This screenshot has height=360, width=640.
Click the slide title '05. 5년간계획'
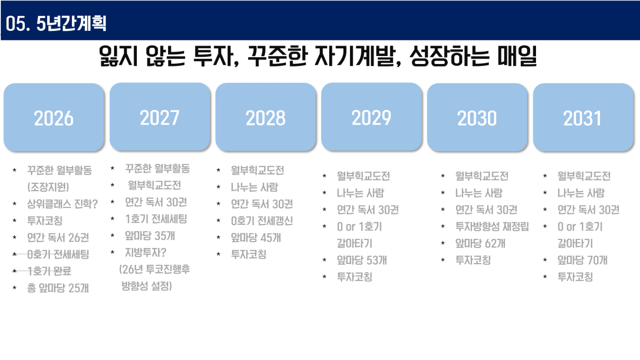point(56,24)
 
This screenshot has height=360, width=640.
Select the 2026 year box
point(54,117)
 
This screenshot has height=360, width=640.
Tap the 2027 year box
point(160,117)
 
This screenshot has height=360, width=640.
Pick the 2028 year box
point(265,117)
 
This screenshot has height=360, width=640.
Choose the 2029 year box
point(371,117)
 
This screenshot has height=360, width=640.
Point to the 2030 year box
point(477,117)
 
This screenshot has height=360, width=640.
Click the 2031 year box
point(583,117)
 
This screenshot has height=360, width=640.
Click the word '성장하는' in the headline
point(450,56)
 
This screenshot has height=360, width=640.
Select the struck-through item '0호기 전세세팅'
point(58,254)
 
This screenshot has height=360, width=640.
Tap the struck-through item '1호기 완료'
point(49,271)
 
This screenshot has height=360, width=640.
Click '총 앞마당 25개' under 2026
point(58,288)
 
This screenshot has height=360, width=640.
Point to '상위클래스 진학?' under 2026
point(62,204)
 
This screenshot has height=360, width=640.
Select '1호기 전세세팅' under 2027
point(156,219)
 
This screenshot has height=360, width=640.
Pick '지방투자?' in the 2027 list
point(146,252)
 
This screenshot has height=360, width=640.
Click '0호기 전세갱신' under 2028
point(262,221)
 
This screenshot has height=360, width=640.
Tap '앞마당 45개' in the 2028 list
point(256,237)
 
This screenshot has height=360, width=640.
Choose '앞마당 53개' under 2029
point(362,260)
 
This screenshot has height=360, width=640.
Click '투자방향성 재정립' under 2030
point(492,226)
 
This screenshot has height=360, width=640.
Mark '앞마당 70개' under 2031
point(583,260)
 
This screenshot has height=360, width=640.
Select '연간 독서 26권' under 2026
point(58,237)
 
